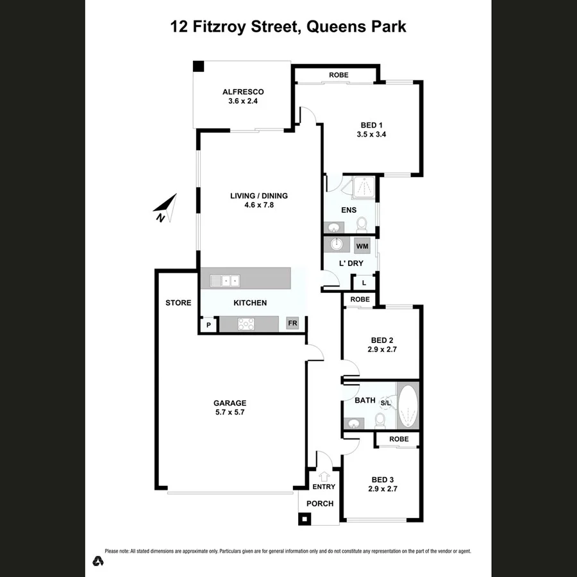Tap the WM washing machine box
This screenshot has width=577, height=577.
coord(362,246)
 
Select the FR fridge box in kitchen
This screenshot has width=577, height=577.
coord(292,324)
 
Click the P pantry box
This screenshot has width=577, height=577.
coord(208,326)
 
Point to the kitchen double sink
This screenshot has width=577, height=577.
coord(226,280)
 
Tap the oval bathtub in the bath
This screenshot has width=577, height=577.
coord(408,408)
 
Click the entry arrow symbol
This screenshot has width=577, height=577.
coord(324,476)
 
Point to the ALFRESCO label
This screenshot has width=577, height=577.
coord(238,92)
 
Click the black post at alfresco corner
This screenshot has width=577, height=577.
coord(199,66)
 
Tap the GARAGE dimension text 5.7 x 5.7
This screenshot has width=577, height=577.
coord(230,413)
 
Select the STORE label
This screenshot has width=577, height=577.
coord(178,303)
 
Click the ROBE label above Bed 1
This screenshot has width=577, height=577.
coord(339,75)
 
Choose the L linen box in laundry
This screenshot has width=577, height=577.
coord(364,283)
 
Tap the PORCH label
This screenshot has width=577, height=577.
coord(320,503)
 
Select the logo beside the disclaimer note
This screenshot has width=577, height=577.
coord(98,560)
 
